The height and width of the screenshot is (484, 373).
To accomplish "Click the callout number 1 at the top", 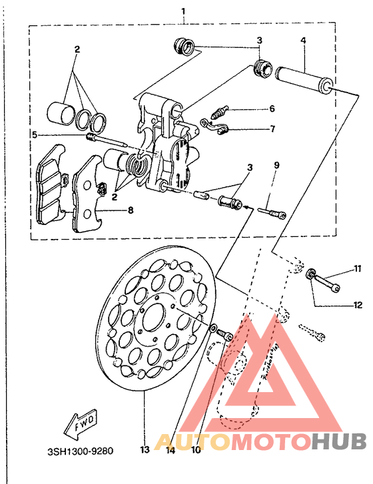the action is (183, 12).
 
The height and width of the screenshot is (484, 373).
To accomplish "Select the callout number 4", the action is (303, 40).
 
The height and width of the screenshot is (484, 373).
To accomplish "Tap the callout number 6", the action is (272, 109).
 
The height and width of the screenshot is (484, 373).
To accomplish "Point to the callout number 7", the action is (272, 128).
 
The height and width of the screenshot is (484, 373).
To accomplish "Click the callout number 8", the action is (131, 210).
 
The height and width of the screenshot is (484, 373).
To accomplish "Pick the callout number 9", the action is (276, 165).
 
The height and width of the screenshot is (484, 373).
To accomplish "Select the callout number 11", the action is (358, 268).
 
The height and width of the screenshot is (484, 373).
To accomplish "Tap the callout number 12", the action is (358, 305).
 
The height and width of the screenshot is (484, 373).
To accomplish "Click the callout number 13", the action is (145, 450).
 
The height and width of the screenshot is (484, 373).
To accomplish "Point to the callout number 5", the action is (35, 135).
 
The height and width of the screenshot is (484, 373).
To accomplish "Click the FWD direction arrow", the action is (81, 424).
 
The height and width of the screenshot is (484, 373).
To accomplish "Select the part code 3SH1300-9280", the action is (81, 451).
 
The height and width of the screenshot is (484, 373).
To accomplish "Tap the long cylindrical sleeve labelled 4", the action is (305, 80).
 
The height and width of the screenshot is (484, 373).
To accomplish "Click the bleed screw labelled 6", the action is (220, 113).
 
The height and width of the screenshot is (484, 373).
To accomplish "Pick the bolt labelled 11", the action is (324, 280).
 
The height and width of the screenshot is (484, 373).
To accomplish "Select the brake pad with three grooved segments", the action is (51, 184).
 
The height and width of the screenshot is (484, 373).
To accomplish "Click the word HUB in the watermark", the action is (339, 441).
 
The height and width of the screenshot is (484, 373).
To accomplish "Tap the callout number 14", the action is (171, 450).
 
